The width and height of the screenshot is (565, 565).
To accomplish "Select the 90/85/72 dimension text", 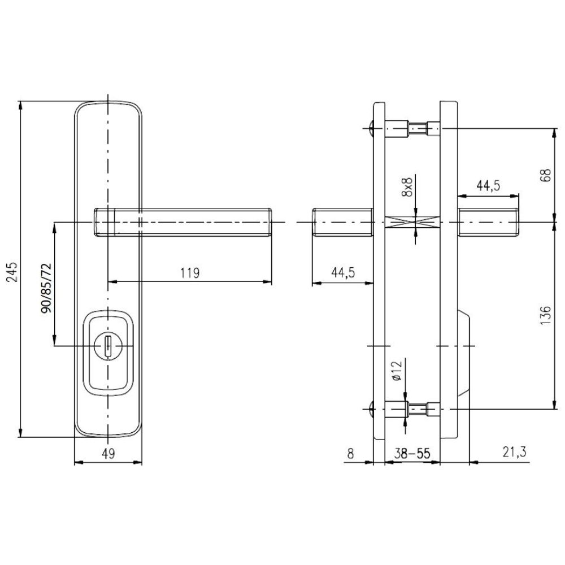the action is tap(46, 288).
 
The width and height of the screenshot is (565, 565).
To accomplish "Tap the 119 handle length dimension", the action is tap(190, 273).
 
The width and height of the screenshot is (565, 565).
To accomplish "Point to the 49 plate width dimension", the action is tap(108, 454).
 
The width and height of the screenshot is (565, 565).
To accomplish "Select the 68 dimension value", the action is tap(546, 175).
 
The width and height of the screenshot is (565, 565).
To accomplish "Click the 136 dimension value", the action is tap(546, 316).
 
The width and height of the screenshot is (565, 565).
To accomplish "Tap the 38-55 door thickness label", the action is tap(412, 454).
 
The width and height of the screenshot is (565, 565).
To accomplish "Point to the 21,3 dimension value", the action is tap(514, 452).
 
